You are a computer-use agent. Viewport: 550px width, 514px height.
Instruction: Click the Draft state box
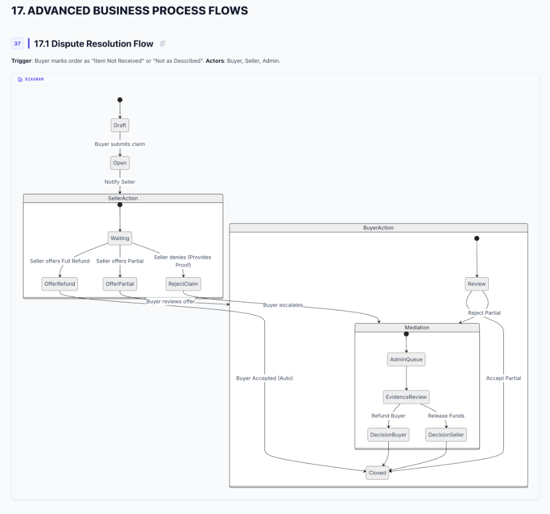[120, 125]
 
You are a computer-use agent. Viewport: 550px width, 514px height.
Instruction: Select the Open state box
[120, 163]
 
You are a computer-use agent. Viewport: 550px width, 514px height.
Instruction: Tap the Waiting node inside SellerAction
[120, 238]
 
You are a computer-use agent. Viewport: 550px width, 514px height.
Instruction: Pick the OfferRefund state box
[60, 284]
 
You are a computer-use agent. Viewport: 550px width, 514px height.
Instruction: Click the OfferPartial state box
[120, 284]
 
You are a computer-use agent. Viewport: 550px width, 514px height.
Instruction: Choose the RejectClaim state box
[183, 284]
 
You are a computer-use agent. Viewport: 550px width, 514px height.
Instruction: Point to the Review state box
[476, 284]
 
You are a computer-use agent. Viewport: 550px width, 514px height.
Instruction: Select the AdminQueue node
[406, 359]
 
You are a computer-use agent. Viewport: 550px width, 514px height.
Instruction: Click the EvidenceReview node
[406, 397]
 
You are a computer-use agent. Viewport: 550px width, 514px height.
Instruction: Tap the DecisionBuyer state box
[388, 435]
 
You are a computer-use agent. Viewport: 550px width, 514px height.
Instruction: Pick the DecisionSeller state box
[446, 435]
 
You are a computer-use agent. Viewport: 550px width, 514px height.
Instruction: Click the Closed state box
[377, 473]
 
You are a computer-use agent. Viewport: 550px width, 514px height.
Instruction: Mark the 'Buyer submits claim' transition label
[120, 144]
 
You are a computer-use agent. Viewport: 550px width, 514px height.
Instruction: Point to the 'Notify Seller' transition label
[120, 182]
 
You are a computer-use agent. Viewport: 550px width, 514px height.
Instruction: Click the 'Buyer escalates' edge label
[283, 305]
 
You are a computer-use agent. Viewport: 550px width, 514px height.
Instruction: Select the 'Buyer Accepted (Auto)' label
[264, 378]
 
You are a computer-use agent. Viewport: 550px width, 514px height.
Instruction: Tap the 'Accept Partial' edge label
[503, 378]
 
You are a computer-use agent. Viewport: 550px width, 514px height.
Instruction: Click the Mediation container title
[417, 328]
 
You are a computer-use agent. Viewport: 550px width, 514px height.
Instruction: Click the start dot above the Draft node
[120, 99]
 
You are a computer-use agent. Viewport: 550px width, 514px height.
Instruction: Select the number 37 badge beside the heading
[18, 44]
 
